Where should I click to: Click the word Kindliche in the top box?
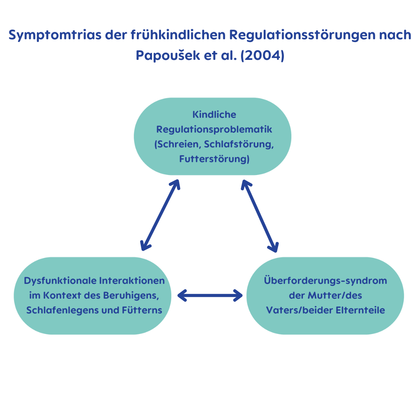tap(214, 115)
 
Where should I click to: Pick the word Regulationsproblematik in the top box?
tap(214, 129)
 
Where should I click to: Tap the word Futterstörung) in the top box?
tap(214, 159)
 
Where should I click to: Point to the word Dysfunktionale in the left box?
tap(60, 281)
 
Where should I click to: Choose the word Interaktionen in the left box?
tap(132, 281)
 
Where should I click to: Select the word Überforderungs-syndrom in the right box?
tap(325, 281)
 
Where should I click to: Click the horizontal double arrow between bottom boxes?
tap(210, 296)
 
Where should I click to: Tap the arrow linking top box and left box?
tap(160, 215)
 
